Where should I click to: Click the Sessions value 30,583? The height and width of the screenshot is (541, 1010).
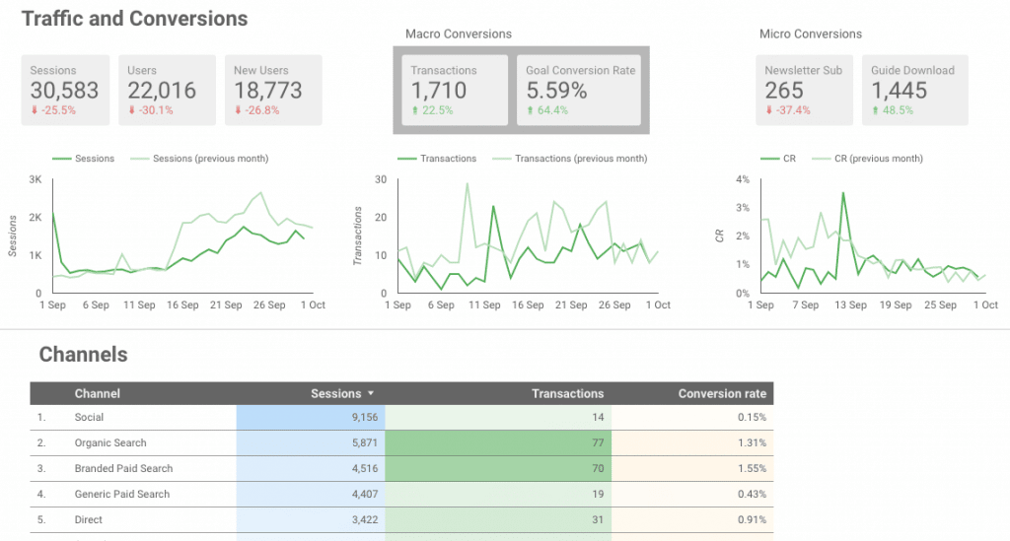pos(64,91)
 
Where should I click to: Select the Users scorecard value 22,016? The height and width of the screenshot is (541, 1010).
pos(162,91)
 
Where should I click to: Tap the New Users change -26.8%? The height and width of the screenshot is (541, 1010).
pos(256,110)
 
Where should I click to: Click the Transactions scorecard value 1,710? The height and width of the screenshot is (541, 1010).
pos(439,91)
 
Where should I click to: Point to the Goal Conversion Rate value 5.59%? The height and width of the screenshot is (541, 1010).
pos(556,91)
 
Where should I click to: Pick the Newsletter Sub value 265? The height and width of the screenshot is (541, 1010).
pos(784,91)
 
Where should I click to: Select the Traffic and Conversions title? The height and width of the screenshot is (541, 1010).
pos(134,18)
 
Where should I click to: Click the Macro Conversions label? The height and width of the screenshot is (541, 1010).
pos(459,34)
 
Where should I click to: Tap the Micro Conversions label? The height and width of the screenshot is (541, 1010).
pos(811,34)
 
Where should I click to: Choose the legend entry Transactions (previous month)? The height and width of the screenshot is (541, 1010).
pos(581,159)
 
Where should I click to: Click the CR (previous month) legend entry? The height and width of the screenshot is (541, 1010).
pos(879,159)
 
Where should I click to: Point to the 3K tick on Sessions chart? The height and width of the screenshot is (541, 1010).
pos(35,180)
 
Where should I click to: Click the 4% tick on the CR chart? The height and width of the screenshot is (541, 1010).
pos(743,180)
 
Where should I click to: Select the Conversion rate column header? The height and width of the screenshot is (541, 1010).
pos(722,393)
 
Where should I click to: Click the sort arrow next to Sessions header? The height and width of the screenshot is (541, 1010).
pos(370,394)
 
